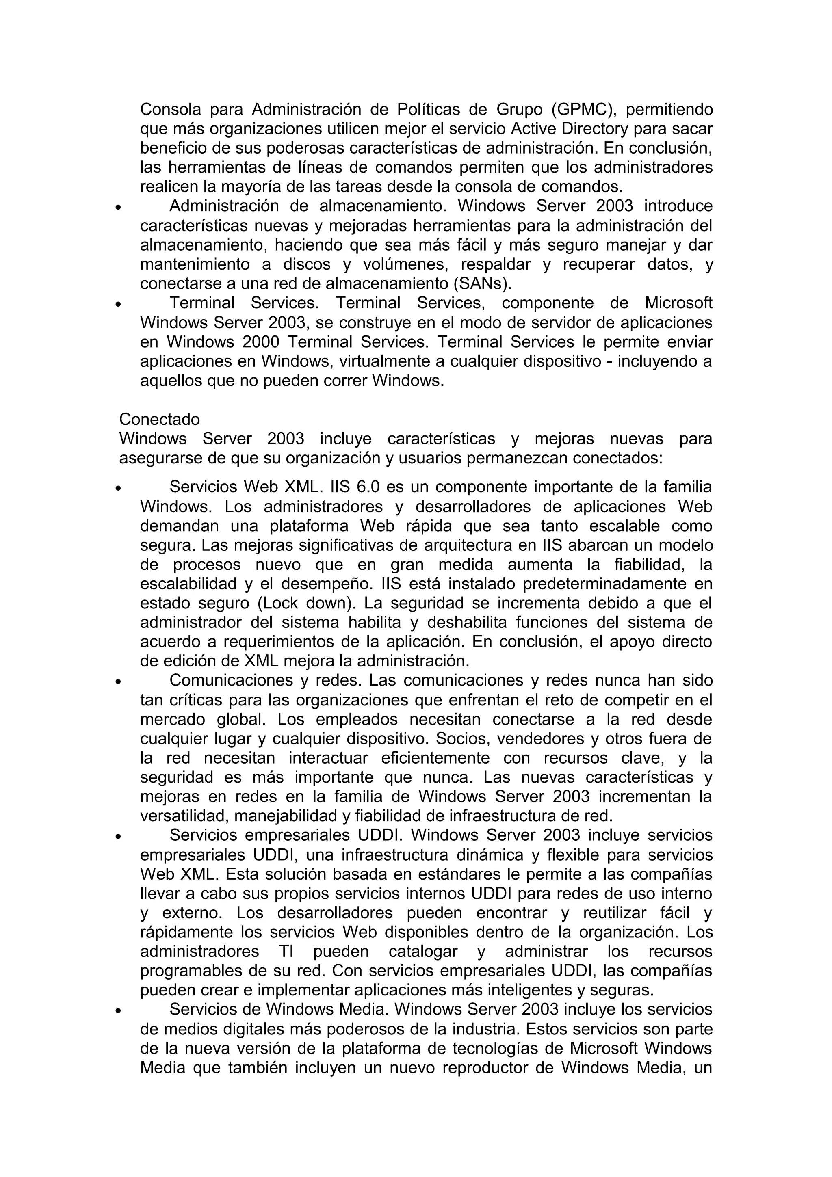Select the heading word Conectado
(159, 419)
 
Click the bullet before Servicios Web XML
(118, 489)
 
